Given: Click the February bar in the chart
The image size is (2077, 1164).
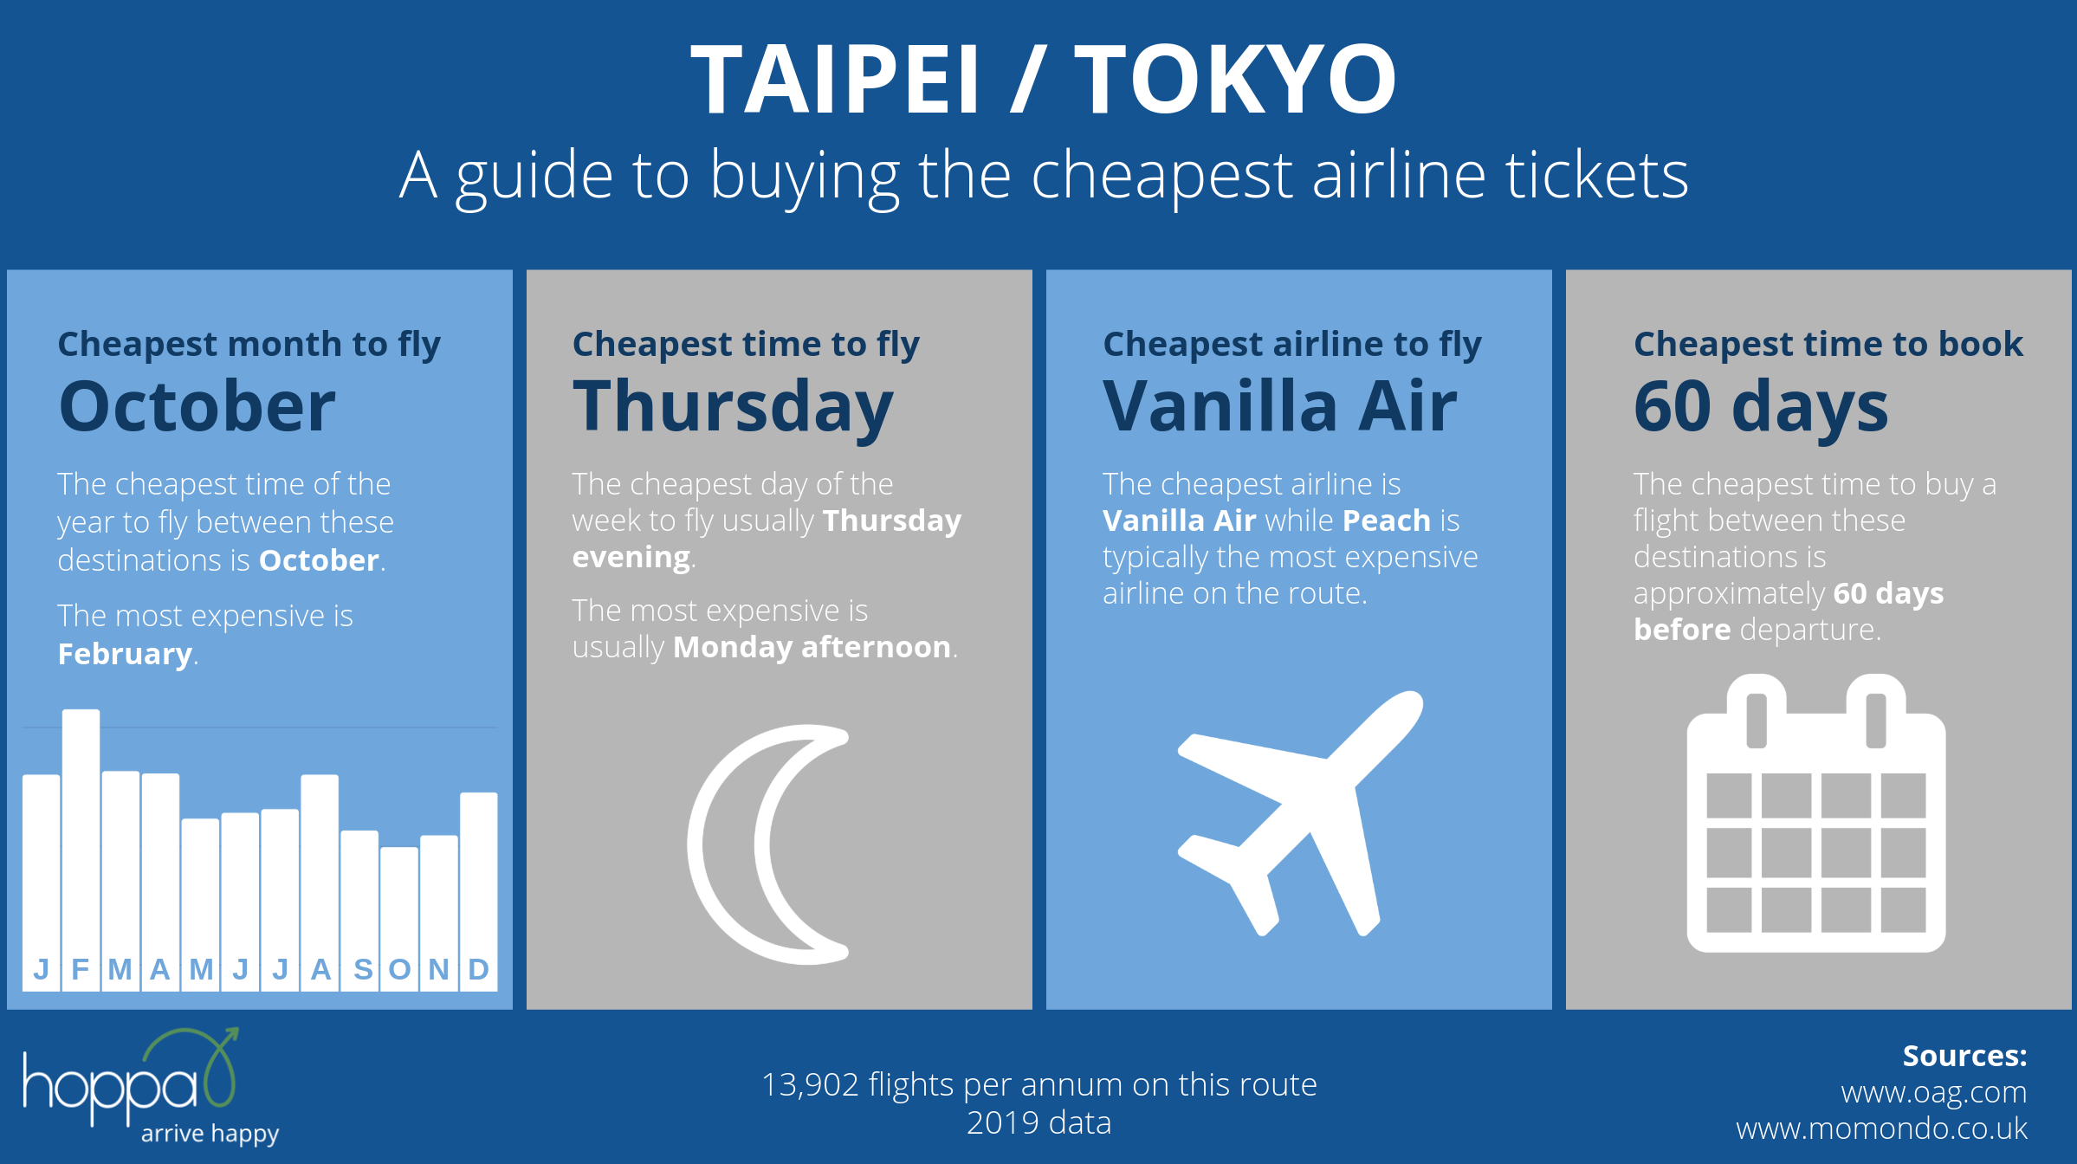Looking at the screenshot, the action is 81,850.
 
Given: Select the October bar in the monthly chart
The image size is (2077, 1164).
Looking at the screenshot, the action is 399,918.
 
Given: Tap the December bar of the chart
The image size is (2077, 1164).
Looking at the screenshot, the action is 479,891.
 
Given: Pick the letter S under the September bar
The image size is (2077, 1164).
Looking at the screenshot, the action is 363,969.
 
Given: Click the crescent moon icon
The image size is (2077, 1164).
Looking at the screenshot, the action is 723,844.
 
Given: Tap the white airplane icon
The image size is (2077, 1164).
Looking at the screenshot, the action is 1299,813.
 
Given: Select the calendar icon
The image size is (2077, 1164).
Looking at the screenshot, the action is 1816,813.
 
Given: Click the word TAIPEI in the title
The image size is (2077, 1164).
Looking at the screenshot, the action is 835,80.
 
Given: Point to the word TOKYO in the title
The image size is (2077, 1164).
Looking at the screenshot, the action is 1235,80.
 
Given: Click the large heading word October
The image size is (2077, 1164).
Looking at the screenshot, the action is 197,406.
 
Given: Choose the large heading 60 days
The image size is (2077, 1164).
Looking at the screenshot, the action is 1761,408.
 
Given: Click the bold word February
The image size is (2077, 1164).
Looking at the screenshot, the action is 125,654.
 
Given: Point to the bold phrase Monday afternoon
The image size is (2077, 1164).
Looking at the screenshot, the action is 812,647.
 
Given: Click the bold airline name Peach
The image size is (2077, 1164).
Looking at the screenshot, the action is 1386,521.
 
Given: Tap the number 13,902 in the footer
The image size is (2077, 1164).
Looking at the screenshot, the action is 810,1085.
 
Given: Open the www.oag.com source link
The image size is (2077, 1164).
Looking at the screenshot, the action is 1934,1093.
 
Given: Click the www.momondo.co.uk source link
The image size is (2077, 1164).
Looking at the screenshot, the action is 1881,1128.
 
